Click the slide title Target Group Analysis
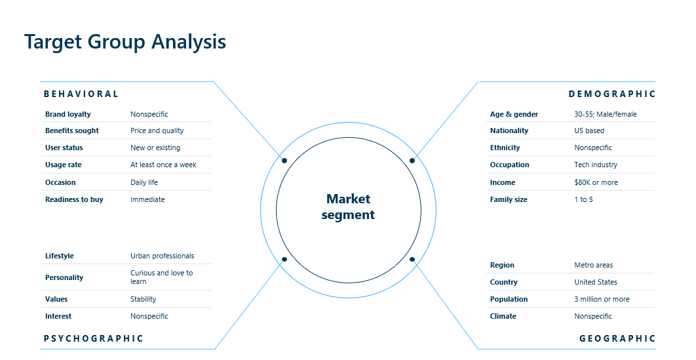pyautogui.click(x=125, y=42)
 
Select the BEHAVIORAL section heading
pyautogui.click(x=81, y=94)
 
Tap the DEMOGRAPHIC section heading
pyautogui.click(x=611, y=94)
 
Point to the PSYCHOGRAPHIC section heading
pyautogui.click(x=93, y=338)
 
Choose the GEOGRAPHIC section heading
pyautogui.click(x=617, y=338)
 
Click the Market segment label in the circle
pyautogui.click(x=348, y=207)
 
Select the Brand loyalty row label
pyautogui.click(x=68, y=114)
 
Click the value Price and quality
pyautogui.click(x=157, y=130)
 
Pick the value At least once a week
pyautogui.click(x=163, y=165)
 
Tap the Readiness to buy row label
pyautogui.click(x=74, y=199)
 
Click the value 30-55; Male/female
pyautogui.click(x=605, y=114)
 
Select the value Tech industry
pyautogui.click(x=596, y=165)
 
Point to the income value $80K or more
pyautogui.click(x=596, y=182)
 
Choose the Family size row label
pyautogui.click(x=509, y=199)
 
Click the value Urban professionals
pyautogui.click(x=162, y=256)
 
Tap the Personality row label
pyautogui.click(x=64, y=277)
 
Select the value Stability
pyautogui.click(x=143, y=299)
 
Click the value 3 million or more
pyautogui.click(x=602, y=299)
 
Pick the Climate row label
pyautogui.click(x=503, y=316)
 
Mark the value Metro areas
pyautogui.click(x=594, y=265)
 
